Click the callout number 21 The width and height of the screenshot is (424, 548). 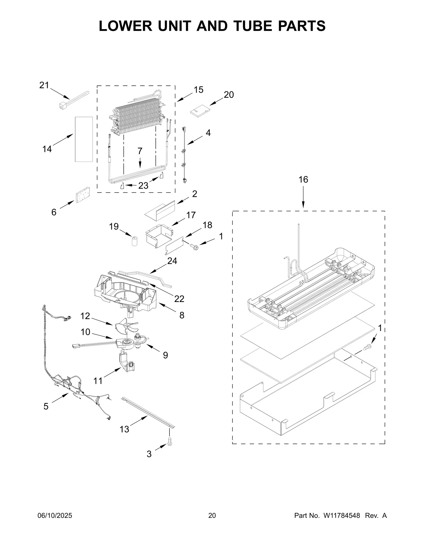point(44,85)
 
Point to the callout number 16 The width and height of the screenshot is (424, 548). point(303,180)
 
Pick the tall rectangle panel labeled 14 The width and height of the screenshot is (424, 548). point(84,139)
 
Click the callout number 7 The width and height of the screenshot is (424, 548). point(140,151)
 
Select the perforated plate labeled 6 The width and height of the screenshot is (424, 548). point(83,195)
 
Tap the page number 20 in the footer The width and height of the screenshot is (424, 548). point(212,516)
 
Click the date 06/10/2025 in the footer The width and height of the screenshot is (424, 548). point(55,516)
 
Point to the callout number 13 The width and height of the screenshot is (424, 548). point(124,429)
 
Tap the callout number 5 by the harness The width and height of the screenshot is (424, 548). point(46,406)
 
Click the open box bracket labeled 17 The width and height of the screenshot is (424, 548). point(158,235)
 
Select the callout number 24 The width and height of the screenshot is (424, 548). point(172,261)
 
